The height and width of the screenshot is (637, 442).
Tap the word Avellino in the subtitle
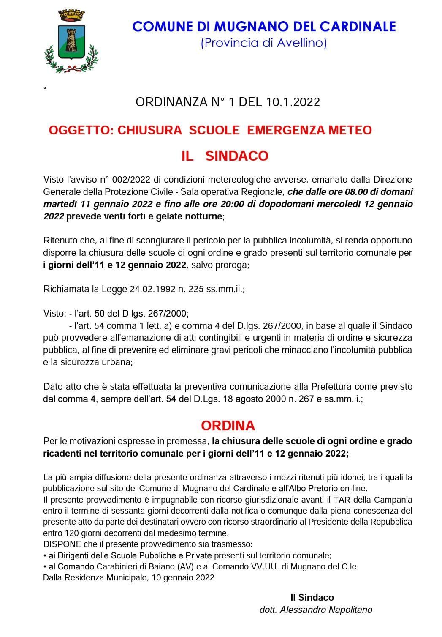pyautogui.click(x=301, y=43)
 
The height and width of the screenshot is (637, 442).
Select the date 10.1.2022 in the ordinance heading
pyautogui.click(x=294, y=102)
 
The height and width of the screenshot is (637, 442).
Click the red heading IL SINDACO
pyautogui.click(x=225, y=156)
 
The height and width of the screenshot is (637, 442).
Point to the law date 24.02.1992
pyautogui.click(x=148, y=290)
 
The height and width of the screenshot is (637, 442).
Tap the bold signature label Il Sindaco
pyautogui.click(x=312, y=597)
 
